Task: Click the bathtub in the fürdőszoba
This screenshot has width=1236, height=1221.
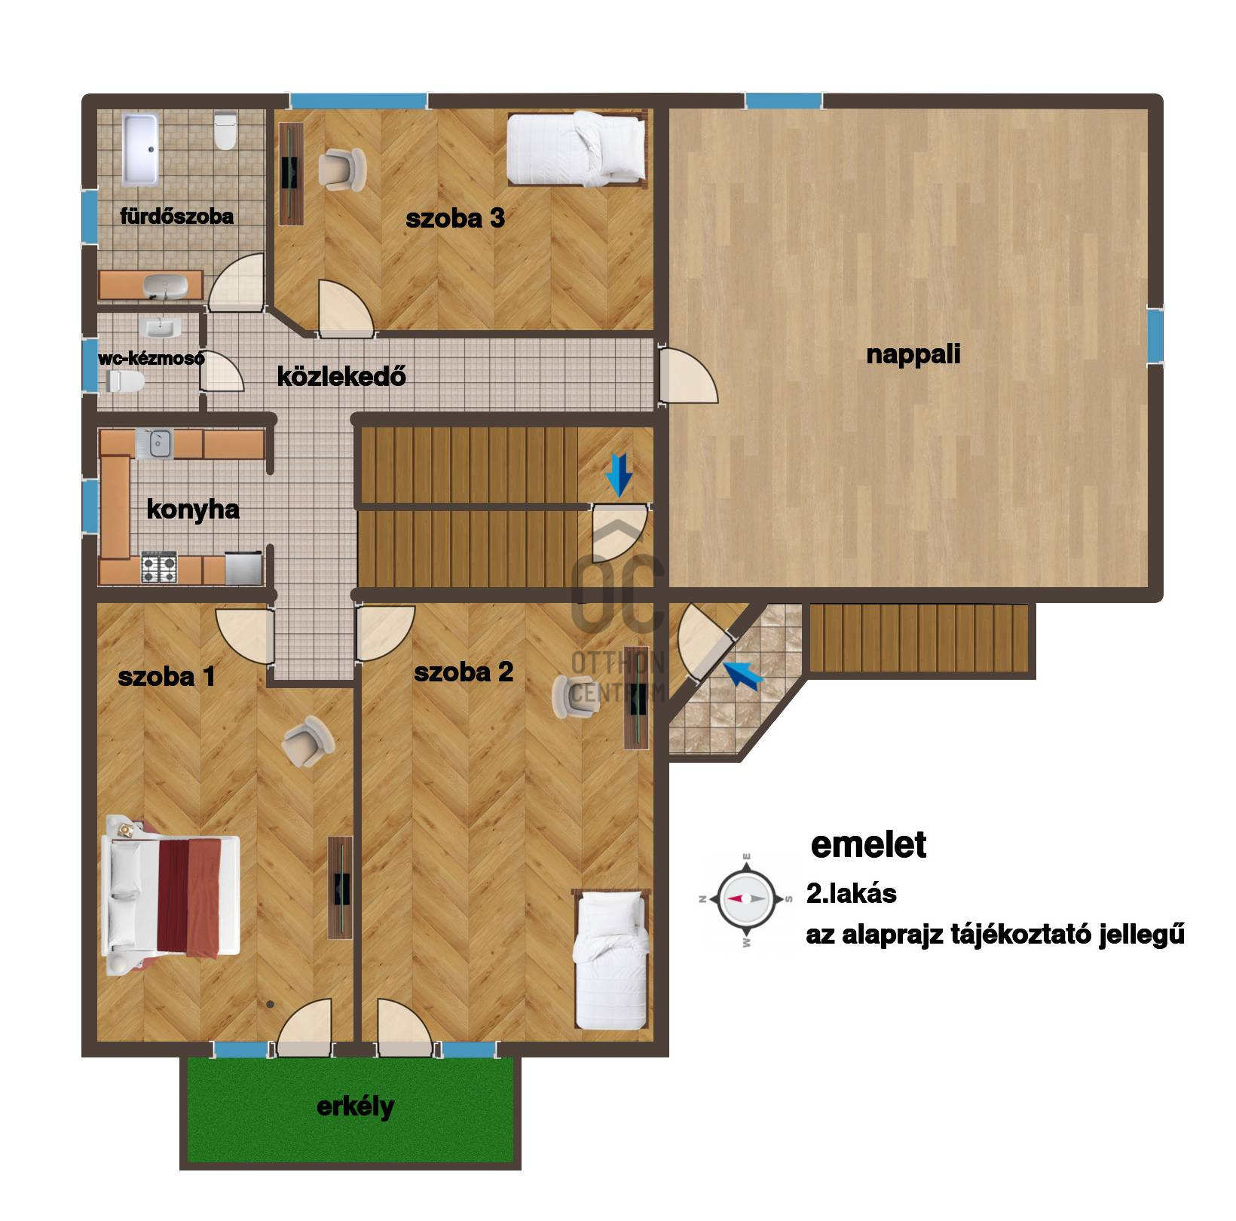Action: (140, 149)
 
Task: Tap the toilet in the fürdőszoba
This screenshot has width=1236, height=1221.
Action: (225, 130)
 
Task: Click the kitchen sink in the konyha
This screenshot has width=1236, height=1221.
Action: (154, 443)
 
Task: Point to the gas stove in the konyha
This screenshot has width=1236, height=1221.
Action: (159, 568)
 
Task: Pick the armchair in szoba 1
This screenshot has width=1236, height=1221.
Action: (307, 740)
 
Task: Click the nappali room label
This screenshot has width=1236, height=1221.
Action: (913, 354)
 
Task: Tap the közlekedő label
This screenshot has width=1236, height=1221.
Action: (341, 375)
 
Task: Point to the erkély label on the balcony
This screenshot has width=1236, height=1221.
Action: (355, 1106)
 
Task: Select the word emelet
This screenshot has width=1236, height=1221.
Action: (868, 845)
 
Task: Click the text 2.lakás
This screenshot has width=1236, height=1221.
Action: (852, 894)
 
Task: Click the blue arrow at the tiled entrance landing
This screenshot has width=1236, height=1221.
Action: (743, 674)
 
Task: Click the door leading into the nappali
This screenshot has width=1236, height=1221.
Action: (687, 375)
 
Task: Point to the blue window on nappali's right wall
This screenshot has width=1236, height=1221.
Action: (1155, 336)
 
